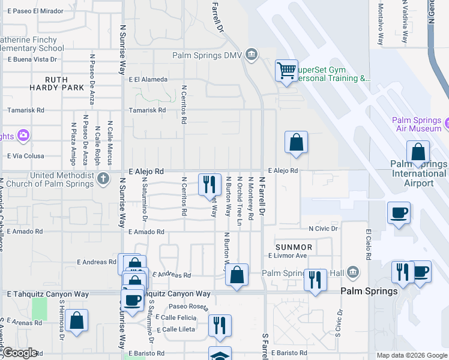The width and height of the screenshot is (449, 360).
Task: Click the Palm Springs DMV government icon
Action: tap(252, 56)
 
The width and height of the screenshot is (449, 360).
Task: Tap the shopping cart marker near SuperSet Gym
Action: tap(286, 70)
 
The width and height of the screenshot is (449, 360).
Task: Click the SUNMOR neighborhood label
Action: tap(294, 247)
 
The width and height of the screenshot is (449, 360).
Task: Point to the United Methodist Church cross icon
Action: tap(103, 178)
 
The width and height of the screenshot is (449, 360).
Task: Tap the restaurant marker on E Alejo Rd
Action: tap(209, 184)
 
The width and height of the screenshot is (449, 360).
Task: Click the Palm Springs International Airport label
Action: tap(418, 173)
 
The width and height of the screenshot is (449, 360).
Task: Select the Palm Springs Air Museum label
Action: tap(417, 124)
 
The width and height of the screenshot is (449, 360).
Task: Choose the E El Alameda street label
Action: tap(148, 79)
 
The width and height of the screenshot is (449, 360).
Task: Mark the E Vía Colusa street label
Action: tap(26, 156)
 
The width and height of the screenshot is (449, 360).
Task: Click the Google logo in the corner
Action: tap(19, 353)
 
